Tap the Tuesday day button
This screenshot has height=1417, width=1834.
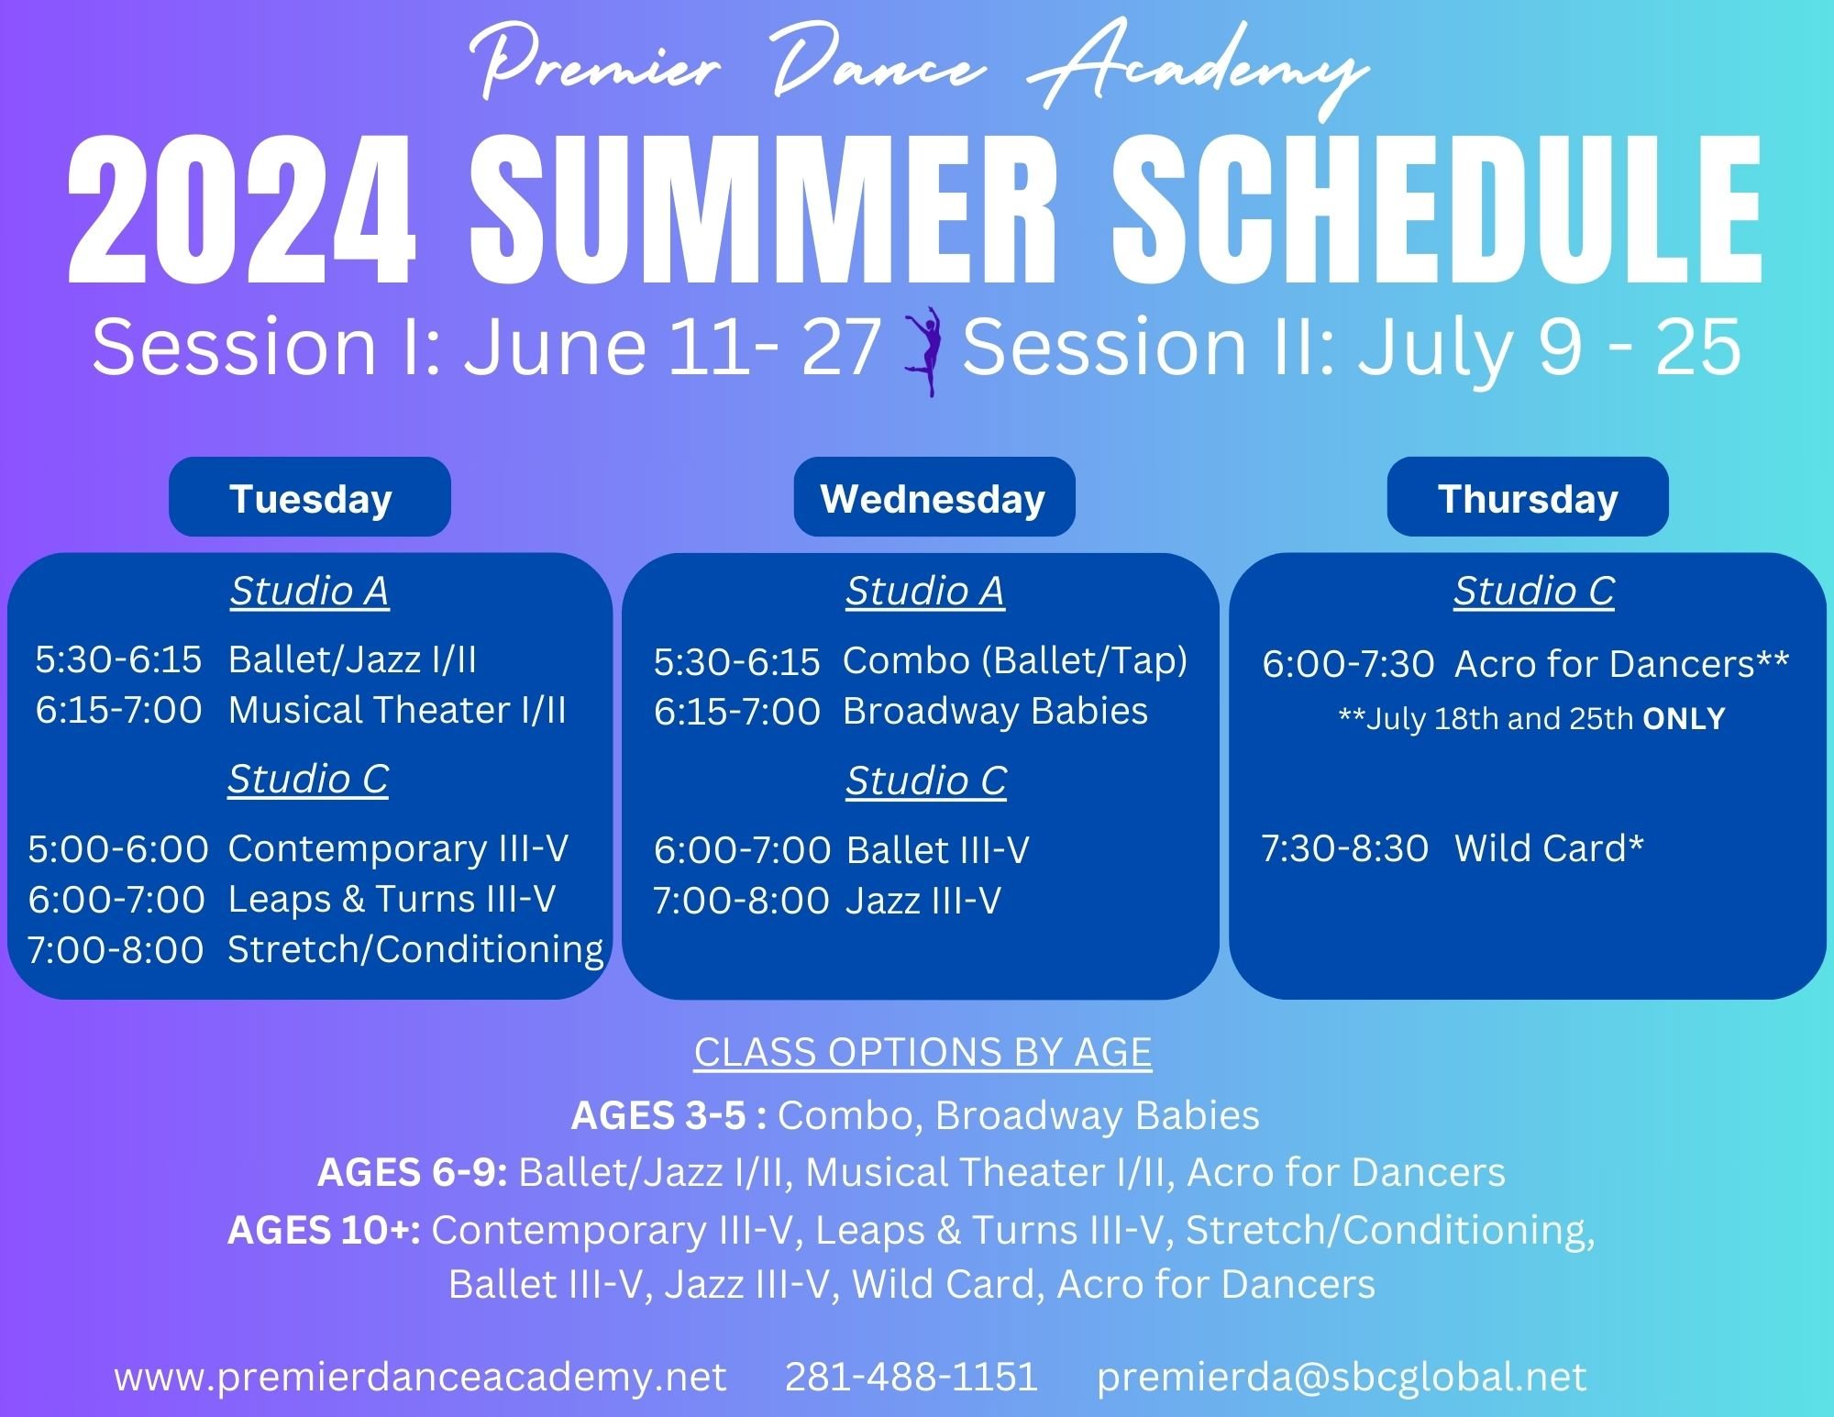(x=310, y=498)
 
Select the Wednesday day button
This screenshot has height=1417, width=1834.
(x=934, y=498)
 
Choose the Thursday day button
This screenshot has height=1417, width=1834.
(x=1527, y=498)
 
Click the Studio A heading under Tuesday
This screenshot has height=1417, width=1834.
(x=309, y=591)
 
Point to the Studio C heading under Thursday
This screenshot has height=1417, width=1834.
(x=1533, y=591)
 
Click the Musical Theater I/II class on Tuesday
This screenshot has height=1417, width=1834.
(x=397, y=710)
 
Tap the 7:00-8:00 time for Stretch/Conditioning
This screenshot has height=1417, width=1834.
(x=116, y=950)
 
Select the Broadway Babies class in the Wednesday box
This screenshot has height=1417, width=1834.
(x=995, y=712)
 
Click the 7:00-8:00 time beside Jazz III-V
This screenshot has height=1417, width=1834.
(x=741, y=901)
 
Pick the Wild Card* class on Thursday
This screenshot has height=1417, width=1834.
(x=1549, y=848)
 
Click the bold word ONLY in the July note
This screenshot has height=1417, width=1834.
(x=1684, y=718)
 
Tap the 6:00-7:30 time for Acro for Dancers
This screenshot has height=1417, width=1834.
(x=1348, y=664)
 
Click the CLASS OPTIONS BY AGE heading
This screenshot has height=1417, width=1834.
(x=923, y=1052)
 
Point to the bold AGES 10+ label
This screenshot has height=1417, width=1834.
(x=324, y=1230)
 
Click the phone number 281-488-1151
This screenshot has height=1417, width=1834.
(x=911, y=1377)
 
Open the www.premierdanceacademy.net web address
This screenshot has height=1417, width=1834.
(x=420, y=1377)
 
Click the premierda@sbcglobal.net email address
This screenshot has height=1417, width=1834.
(x=1341, y=1377)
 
